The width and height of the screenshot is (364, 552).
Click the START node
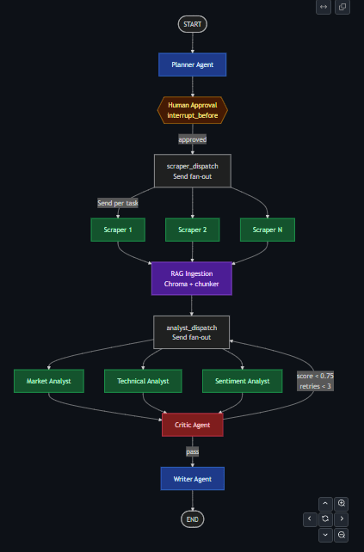[x=193, y=24]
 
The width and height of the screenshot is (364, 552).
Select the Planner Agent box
[x=193, y=64]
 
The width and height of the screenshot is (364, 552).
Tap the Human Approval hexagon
[x=193, y=110]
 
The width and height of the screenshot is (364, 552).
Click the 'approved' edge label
[x=193, y=139]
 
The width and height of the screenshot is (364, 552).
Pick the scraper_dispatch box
[x=193, y=171]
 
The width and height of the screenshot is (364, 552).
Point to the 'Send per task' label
[x=118, y=203]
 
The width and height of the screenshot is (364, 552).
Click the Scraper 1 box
[x=118, y=230]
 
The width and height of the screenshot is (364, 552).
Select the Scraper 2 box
[x=193, y=230]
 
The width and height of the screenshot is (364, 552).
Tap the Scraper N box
[x=268, y=230]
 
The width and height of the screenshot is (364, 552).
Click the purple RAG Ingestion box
[x=192, y=279]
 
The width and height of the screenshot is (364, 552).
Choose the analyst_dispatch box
[x=191, y=333]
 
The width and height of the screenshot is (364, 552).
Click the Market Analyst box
[x=49, y=381]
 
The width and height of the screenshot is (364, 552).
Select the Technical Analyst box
[x=143, y=381]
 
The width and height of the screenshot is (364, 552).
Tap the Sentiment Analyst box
[x=243, y=381]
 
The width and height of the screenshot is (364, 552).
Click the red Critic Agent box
[x=193, y=425]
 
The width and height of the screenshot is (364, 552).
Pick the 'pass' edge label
[x=193, y=451]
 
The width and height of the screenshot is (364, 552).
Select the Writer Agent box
[x=193, y=479]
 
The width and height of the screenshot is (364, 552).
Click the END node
[x=193, y=519]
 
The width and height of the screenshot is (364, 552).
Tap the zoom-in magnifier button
[x=341, y=503]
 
